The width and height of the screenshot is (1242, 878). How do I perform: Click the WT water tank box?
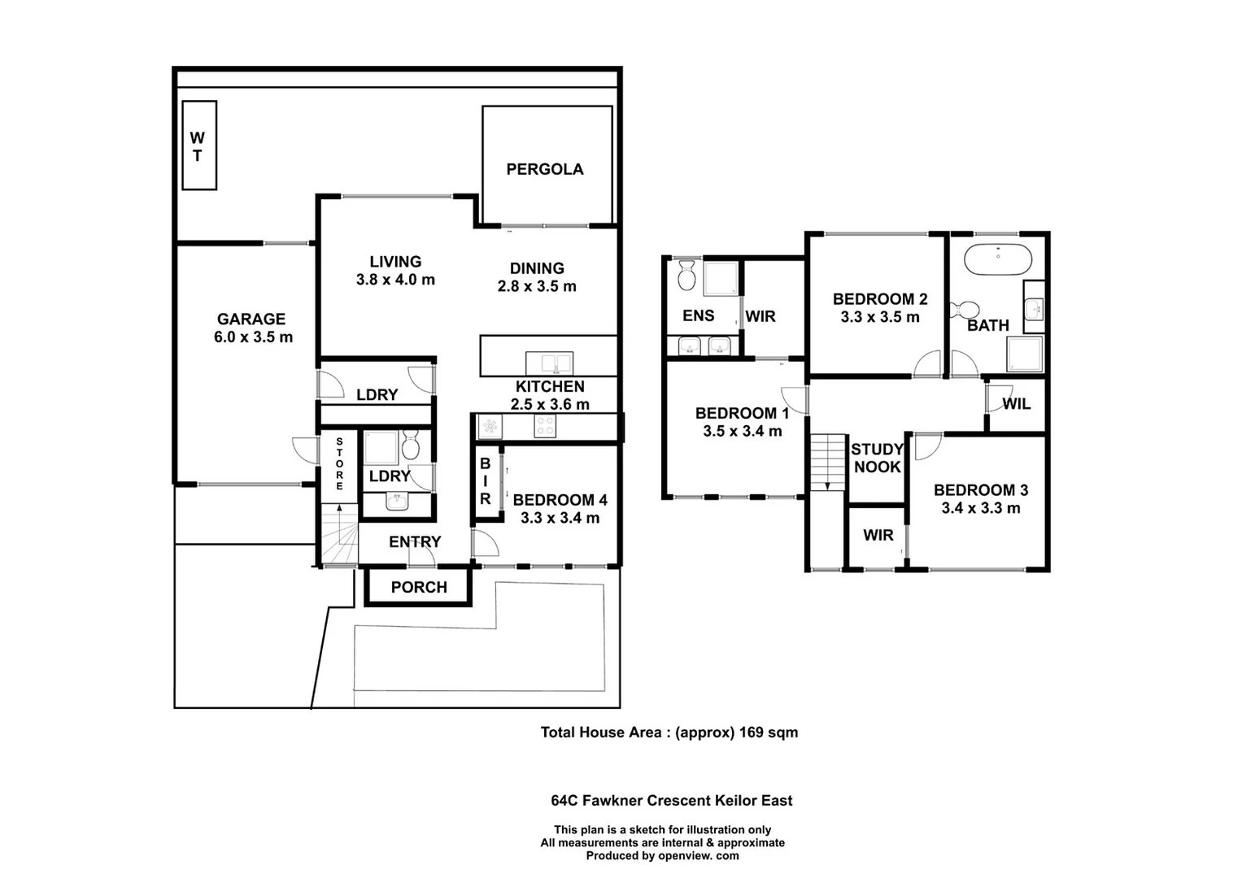[x=198, y=146]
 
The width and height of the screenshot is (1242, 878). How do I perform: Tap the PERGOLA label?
[x=544, y=169]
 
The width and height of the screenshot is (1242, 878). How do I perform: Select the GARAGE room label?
[x=251, y=319]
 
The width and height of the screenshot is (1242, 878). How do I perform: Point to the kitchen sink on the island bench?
[x=549, y=363]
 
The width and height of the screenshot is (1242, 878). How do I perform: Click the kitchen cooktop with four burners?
[x=544, y=426]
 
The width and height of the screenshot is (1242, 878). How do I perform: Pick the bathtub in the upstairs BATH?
[x=997, y=259]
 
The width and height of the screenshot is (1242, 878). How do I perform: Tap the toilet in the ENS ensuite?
[x=687, y=276]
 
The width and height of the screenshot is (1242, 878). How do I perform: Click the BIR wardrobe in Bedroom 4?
[x=486, y=481]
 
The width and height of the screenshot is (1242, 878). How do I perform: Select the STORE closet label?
[x=339, y=463]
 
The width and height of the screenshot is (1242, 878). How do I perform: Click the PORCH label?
[x=419, y=587]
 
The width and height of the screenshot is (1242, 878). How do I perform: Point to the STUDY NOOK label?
[x=877, y=458]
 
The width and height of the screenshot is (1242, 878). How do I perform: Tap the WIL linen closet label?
[x=1016, y=404]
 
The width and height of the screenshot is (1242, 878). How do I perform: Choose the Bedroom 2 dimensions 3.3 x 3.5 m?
[x=879, y=317]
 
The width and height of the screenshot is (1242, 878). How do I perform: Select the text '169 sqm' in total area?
[x=768, y=732]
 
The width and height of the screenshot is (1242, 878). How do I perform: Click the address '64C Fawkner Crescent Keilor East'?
[x=671, y=801]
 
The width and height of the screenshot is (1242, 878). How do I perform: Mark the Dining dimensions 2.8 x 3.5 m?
[x=537, y=286]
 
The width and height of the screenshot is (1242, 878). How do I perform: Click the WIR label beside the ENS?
[x=760, y=316]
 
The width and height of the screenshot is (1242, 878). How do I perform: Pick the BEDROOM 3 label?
[x=980, y=490]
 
